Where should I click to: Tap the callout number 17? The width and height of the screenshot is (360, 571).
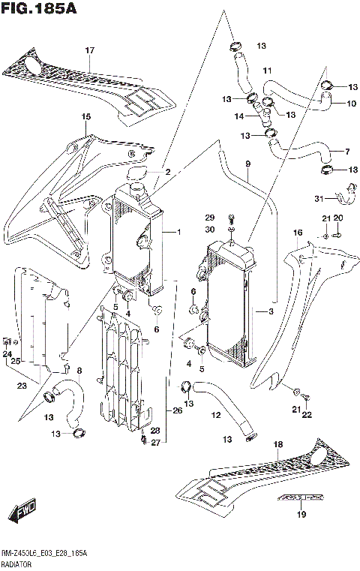pos(89,50)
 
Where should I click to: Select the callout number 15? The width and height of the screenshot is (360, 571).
pos(86,116)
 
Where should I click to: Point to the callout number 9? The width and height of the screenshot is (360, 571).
pos(247,164)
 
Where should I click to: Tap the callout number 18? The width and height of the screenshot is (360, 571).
pos(278,445)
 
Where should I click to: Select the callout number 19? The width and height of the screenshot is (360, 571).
pos(302,514)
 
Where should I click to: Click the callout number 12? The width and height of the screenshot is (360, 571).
pos(215,415)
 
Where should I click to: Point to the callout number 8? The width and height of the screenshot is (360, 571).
pos(79,370)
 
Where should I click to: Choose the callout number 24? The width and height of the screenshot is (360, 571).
pos(7,354)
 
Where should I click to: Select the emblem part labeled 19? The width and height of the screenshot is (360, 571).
pos(301,497)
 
